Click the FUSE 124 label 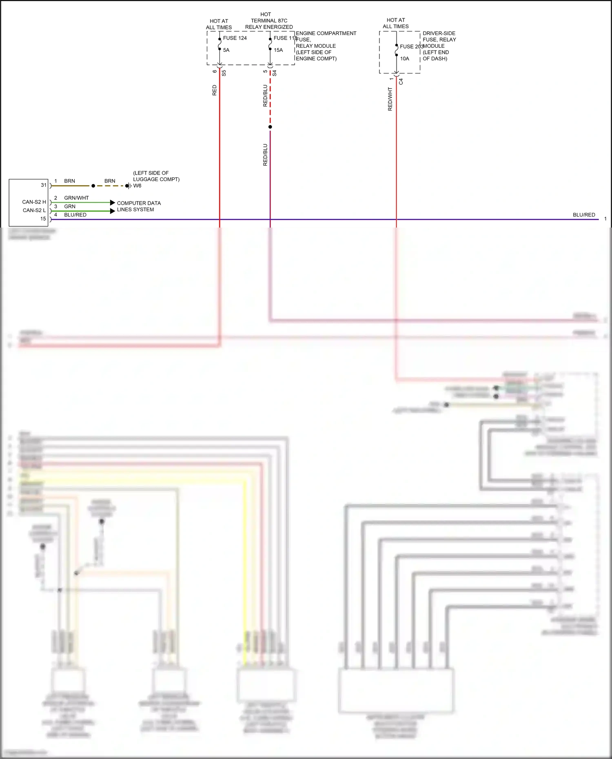[x=235, y=38]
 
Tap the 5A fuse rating [x=226, y=50]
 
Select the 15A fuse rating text [x=278, y=50]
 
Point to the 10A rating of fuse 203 [x=404, y=59]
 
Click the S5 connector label [x=224, y=73]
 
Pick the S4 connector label [x=275, y=73]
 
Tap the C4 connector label [x=401, y=82]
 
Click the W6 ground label [x=137, y=186]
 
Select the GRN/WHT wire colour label [x=76, y=198]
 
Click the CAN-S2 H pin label [x=34, y=202]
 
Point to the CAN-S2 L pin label [x=34, y=210]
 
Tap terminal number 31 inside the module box [x=44, y=185]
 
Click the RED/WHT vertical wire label [x=390, y=99]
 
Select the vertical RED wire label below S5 [x=215, y=90]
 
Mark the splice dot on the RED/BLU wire [x=270, y=127]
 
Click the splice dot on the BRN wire [x=93, y=186]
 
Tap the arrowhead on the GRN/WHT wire [x=113, y=203]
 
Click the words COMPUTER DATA [x=139, y=203]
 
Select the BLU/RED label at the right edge [x=584, y=215]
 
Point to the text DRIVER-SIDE [x=439, y=33]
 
